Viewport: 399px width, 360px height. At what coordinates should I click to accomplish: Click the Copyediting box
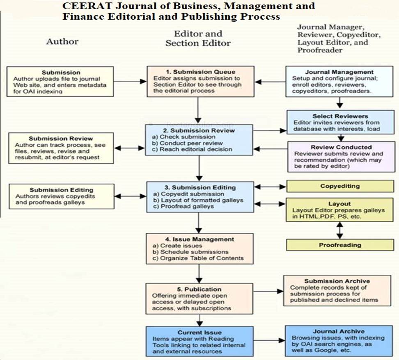click(340, 186)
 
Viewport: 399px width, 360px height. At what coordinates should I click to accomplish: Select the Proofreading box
click(340, 245)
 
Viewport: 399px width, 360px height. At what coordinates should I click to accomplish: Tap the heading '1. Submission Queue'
click(200, 72)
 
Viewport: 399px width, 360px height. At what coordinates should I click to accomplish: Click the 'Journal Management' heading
click(339, 72)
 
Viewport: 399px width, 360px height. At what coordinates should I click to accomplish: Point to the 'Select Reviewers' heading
click(340, 116)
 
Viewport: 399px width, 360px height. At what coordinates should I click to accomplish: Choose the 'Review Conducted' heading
click(341, 147)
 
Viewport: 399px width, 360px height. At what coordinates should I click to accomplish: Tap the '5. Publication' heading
click(199, 289)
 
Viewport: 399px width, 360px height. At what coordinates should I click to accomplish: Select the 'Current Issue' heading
click(199, 332)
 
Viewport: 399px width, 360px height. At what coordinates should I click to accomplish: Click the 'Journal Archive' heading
click(338, 331)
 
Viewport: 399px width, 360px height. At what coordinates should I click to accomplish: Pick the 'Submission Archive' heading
click(337, 281)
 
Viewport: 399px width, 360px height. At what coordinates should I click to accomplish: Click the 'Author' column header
click(62, 41)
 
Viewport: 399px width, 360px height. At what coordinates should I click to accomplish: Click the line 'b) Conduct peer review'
click(188, 143)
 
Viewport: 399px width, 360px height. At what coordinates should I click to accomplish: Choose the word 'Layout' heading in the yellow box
click(339, 204)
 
